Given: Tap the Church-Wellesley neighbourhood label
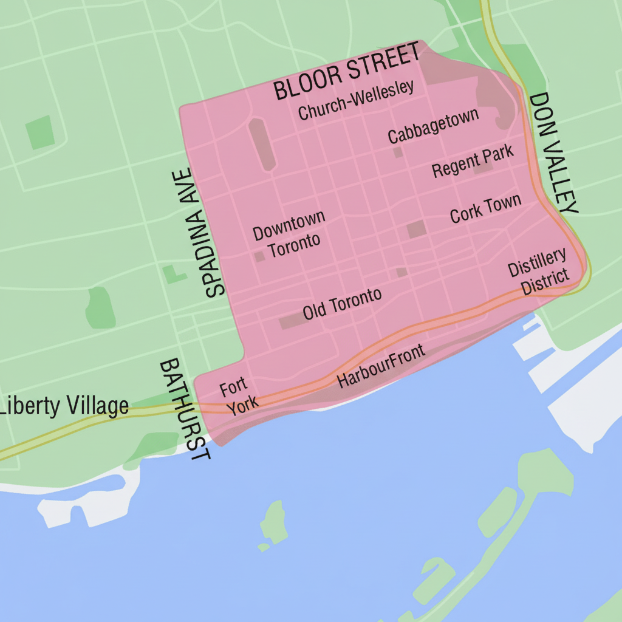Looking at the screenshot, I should (357, 100).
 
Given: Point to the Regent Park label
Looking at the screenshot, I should (473, 161).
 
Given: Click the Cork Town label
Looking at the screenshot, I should (485, 208).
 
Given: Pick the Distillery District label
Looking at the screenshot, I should (539, 272).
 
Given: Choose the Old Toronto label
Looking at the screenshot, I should (343, 304).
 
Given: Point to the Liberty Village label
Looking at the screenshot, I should (64, 406).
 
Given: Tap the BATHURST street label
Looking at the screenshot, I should (185, 409).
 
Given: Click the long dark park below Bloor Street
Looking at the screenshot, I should (262, 144).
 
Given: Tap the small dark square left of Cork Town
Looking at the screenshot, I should (416, 230).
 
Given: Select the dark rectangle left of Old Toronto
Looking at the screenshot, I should (290, 322).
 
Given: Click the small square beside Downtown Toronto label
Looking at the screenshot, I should (260, 256).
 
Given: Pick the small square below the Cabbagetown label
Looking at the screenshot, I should (398, 152).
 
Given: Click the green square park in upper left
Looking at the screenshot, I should (40, 132).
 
